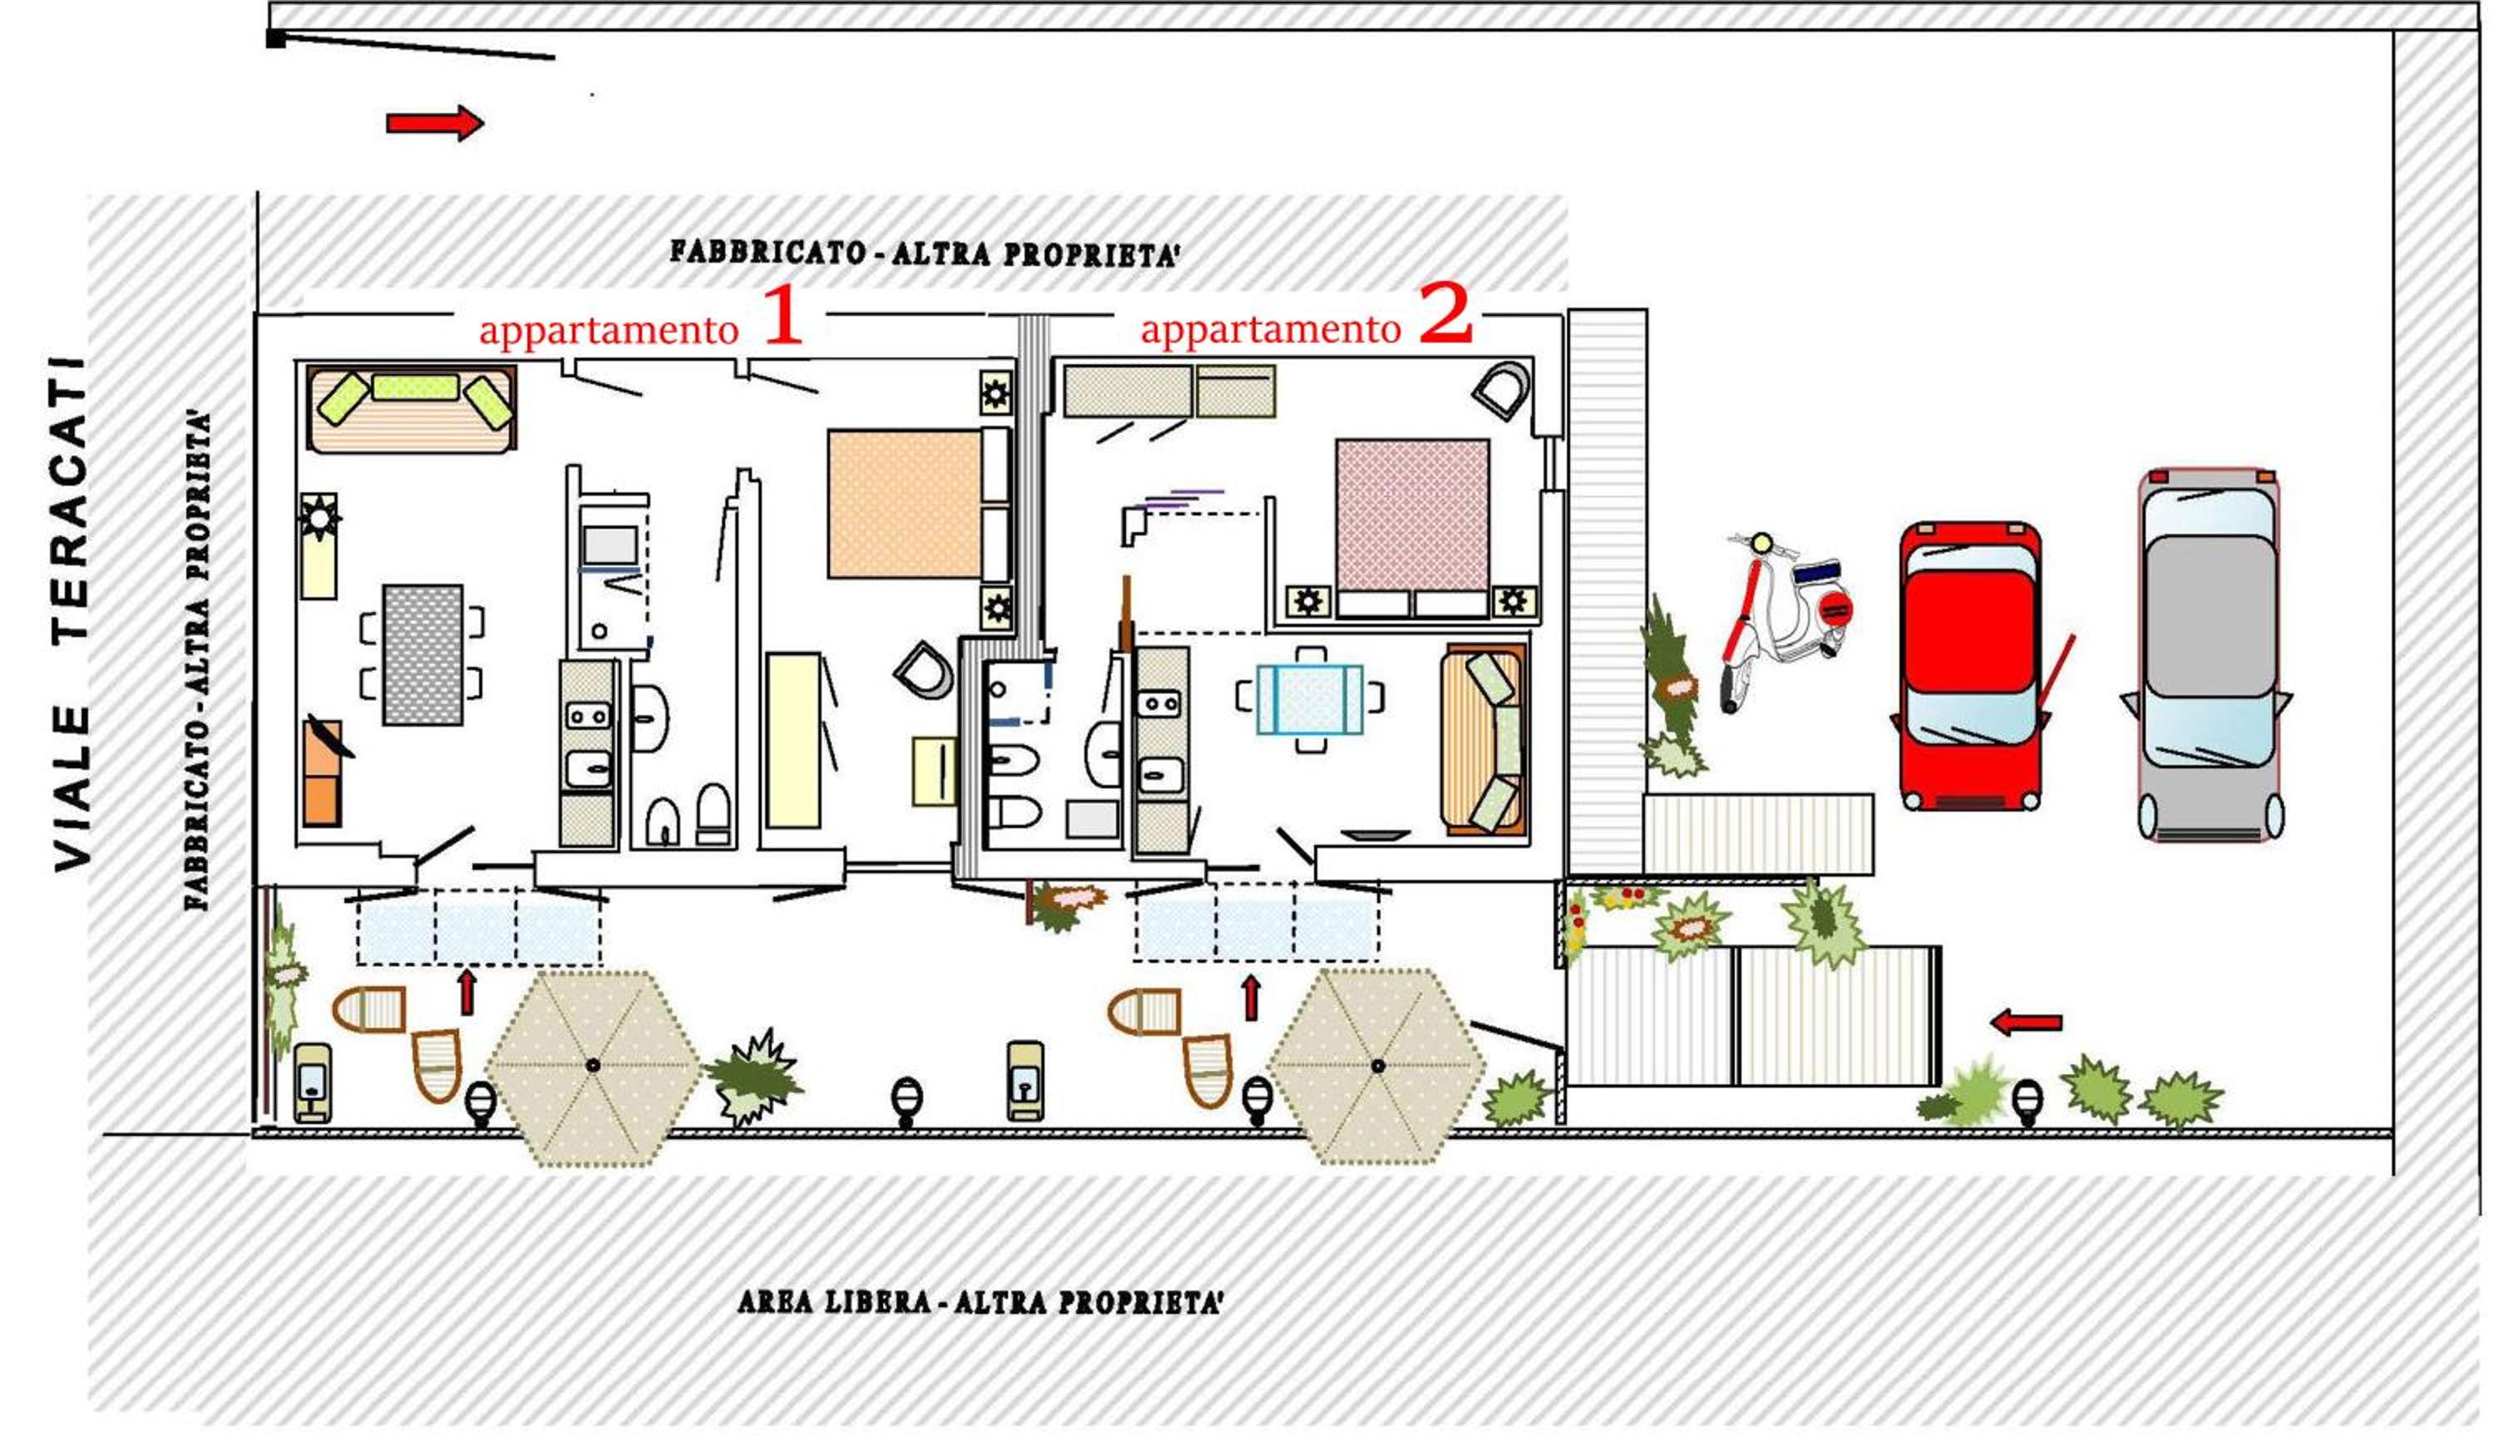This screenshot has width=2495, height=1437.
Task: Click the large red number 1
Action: click(x=783, y=315)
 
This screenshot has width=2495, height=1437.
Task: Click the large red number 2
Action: click(x=1446, y=313)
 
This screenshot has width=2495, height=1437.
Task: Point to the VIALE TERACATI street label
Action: click(x=71, y=614)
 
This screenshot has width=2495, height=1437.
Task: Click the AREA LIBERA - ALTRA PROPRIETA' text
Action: click(x=980, y=1303)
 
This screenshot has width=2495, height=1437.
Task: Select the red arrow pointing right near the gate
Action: click(x=434, y=123)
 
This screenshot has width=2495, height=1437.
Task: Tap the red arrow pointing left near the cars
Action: click(x=2026, y=1023)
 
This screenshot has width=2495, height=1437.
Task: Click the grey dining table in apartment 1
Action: click(x=422, y=654)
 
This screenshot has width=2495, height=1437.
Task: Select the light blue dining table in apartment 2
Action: click(x=1310, y=699)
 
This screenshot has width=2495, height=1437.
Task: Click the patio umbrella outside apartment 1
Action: click(x=593, y=1067)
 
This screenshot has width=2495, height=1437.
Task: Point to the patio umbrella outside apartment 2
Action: click(x=1378, y=1066)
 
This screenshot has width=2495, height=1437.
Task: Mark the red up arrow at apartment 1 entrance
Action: click(x=467, y=992)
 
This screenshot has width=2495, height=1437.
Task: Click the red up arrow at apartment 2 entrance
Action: click(x=1252, y=997)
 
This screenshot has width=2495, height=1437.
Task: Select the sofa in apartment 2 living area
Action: click(x=1484, y=741)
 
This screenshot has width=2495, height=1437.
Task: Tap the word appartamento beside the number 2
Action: click(x=1270, y=329)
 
